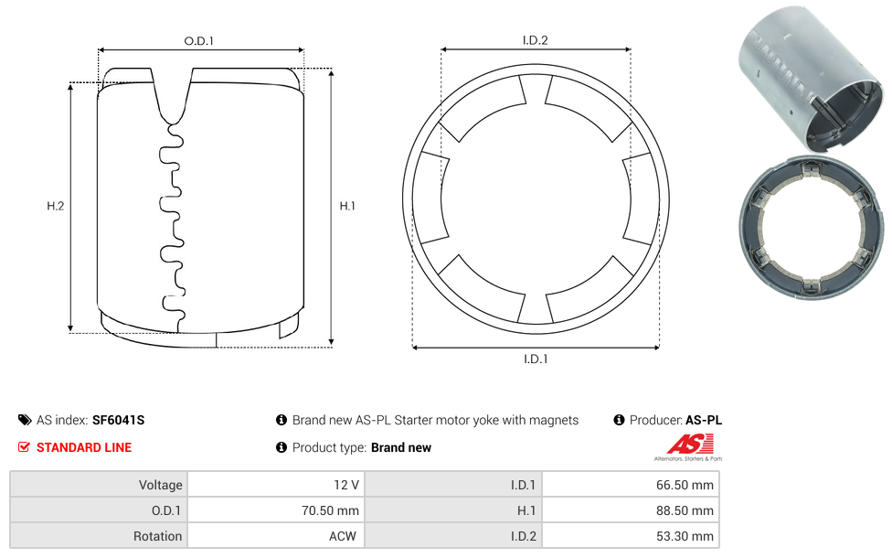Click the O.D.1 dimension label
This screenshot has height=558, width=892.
199,41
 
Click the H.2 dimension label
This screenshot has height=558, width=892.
55,207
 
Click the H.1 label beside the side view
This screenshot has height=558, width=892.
347,207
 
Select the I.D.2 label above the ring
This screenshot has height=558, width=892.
535,40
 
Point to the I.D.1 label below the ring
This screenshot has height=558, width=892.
535,359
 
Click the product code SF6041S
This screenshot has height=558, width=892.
118,421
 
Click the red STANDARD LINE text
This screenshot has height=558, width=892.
83,447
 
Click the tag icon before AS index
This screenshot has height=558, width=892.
25,421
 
